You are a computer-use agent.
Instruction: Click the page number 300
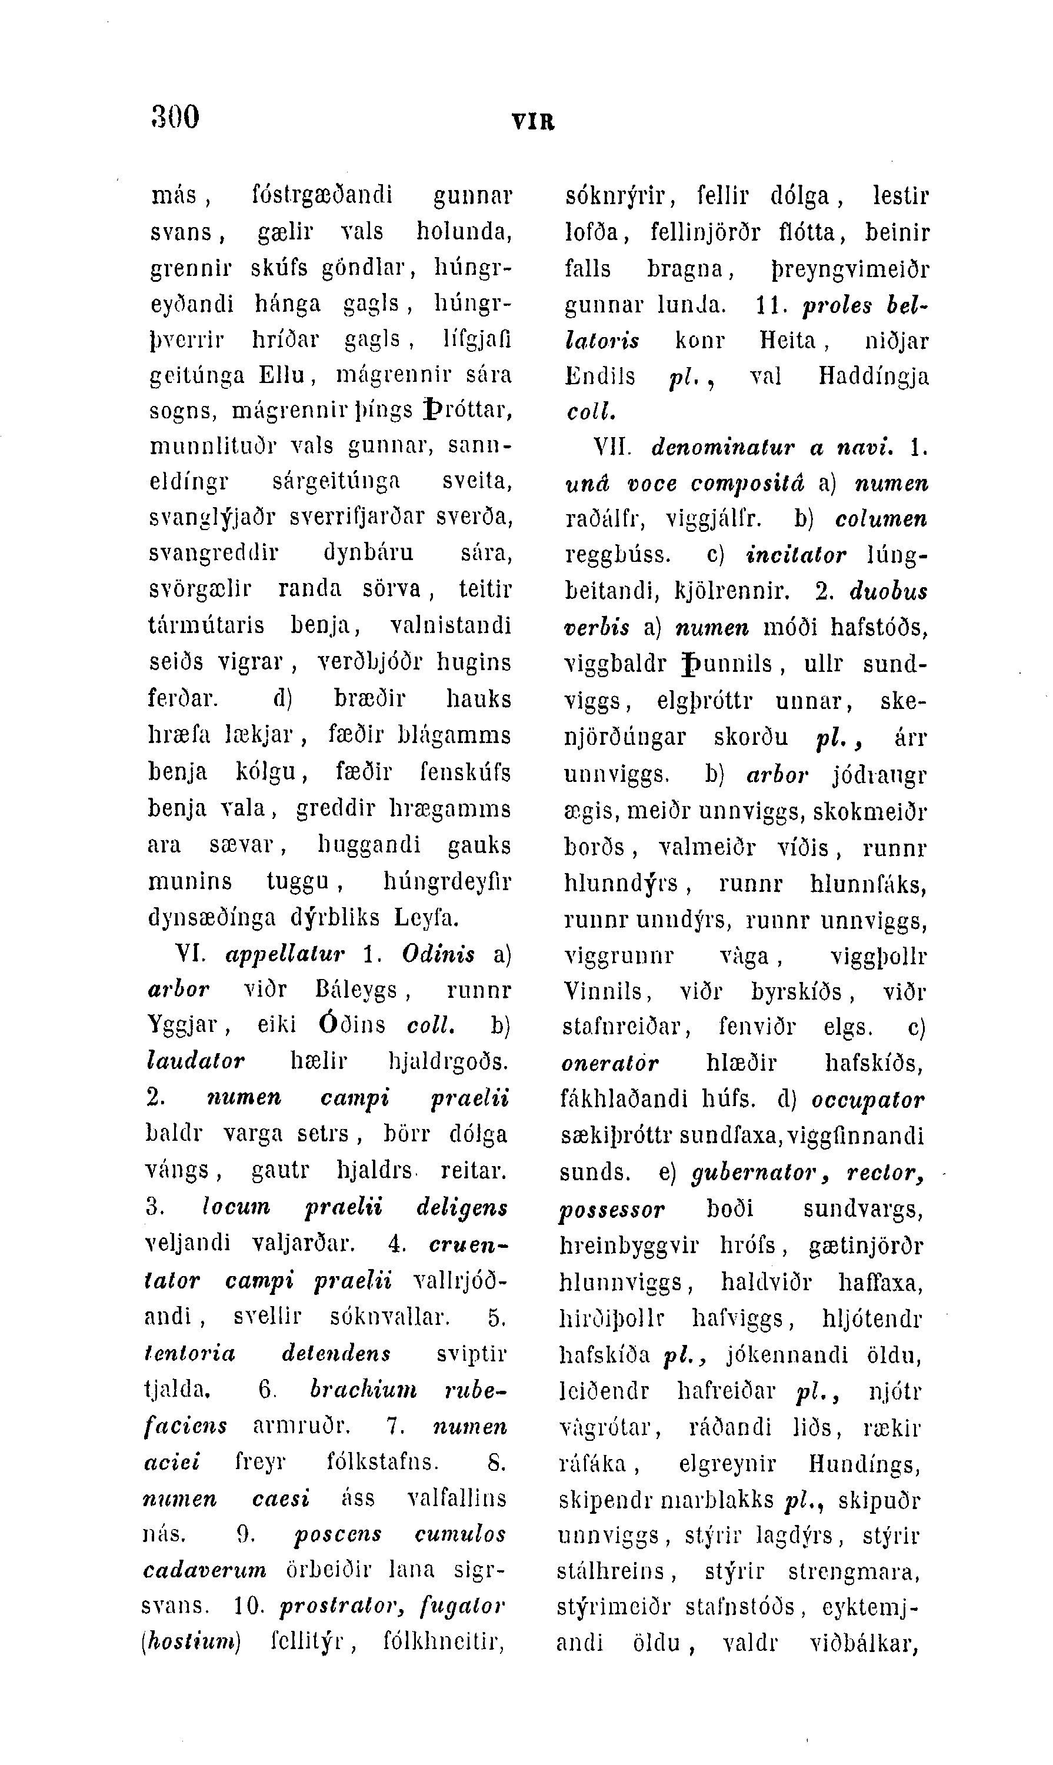(175, 116)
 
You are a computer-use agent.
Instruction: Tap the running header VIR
(533, 122)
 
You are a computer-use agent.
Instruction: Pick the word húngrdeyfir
(447, 881)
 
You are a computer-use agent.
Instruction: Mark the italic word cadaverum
(205, 1570)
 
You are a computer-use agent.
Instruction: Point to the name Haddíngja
(874, 375)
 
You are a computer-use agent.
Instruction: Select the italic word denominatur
(721, 448)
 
